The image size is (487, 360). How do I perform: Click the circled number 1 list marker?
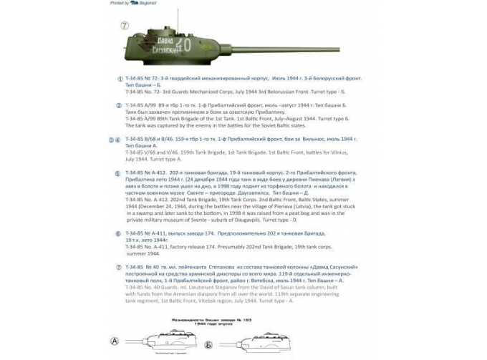[x=119, y=79]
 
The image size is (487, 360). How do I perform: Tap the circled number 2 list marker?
[x=119, y=105]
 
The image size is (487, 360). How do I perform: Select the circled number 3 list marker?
[x=111, y=140]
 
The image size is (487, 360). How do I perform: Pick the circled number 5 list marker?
[x=119, y=173]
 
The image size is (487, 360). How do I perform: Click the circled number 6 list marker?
[x=119, y=233]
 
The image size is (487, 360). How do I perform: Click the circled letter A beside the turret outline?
[x=113, y=341]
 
